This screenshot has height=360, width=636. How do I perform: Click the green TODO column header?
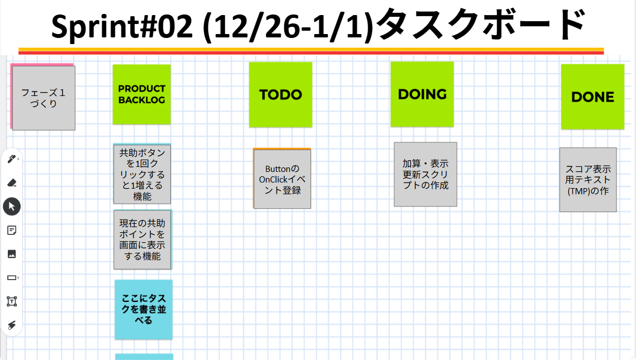[x=280, y=94]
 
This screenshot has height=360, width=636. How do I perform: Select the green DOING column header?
[x=422, y=94]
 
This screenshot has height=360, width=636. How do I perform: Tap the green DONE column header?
[x=592, y=97]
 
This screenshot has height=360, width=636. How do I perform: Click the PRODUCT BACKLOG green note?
[x=142, y=94]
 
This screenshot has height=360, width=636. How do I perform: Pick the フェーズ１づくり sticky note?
[x=44, y=98]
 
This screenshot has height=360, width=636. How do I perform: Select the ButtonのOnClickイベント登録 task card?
[x=283, y=179]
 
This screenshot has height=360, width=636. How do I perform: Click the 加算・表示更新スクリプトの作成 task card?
[x=425, y=174]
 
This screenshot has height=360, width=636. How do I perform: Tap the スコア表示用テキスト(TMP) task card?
[x=588, y=180]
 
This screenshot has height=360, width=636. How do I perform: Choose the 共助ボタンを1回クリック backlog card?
[x=142, y=174]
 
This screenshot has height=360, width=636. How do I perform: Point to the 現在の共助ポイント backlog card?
[x=142, y=239]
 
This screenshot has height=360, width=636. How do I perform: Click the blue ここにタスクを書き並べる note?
[x=144, y=309]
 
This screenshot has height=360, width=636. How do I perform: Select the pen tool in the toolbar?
[x=11, y=159]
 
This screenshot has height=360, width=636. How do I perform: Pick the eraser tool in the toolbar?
[x=11, y=183]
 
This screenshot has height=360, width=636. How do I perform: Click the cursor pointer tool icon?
[x=12, y=207]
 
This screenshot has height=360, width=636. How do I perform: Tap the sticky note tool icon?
[x=11, y=230]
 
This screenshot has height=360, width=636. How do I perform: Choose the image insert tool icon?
[x=11, y=254]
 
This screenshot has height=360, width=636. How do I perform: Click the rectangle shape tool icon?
[x=11, y=277]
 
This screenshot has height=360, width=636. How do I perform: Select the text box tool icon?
[x=11, y=301]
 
